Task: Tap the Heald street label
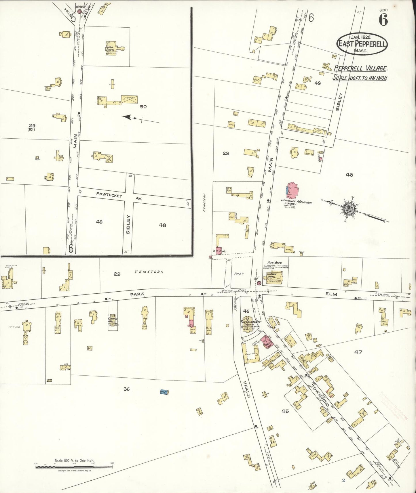(247, 389)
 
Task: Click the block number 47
(358, 352)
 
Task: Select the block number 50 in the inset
(143, 107)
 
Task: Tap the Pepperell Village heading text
(360, 68)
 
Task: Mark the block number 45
(285, 411)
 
